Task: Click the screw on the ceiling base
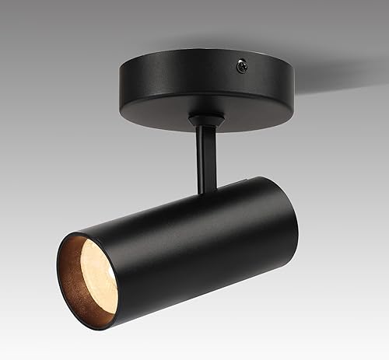pos(243,68)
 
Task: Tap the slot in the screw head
pos(243,68)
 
